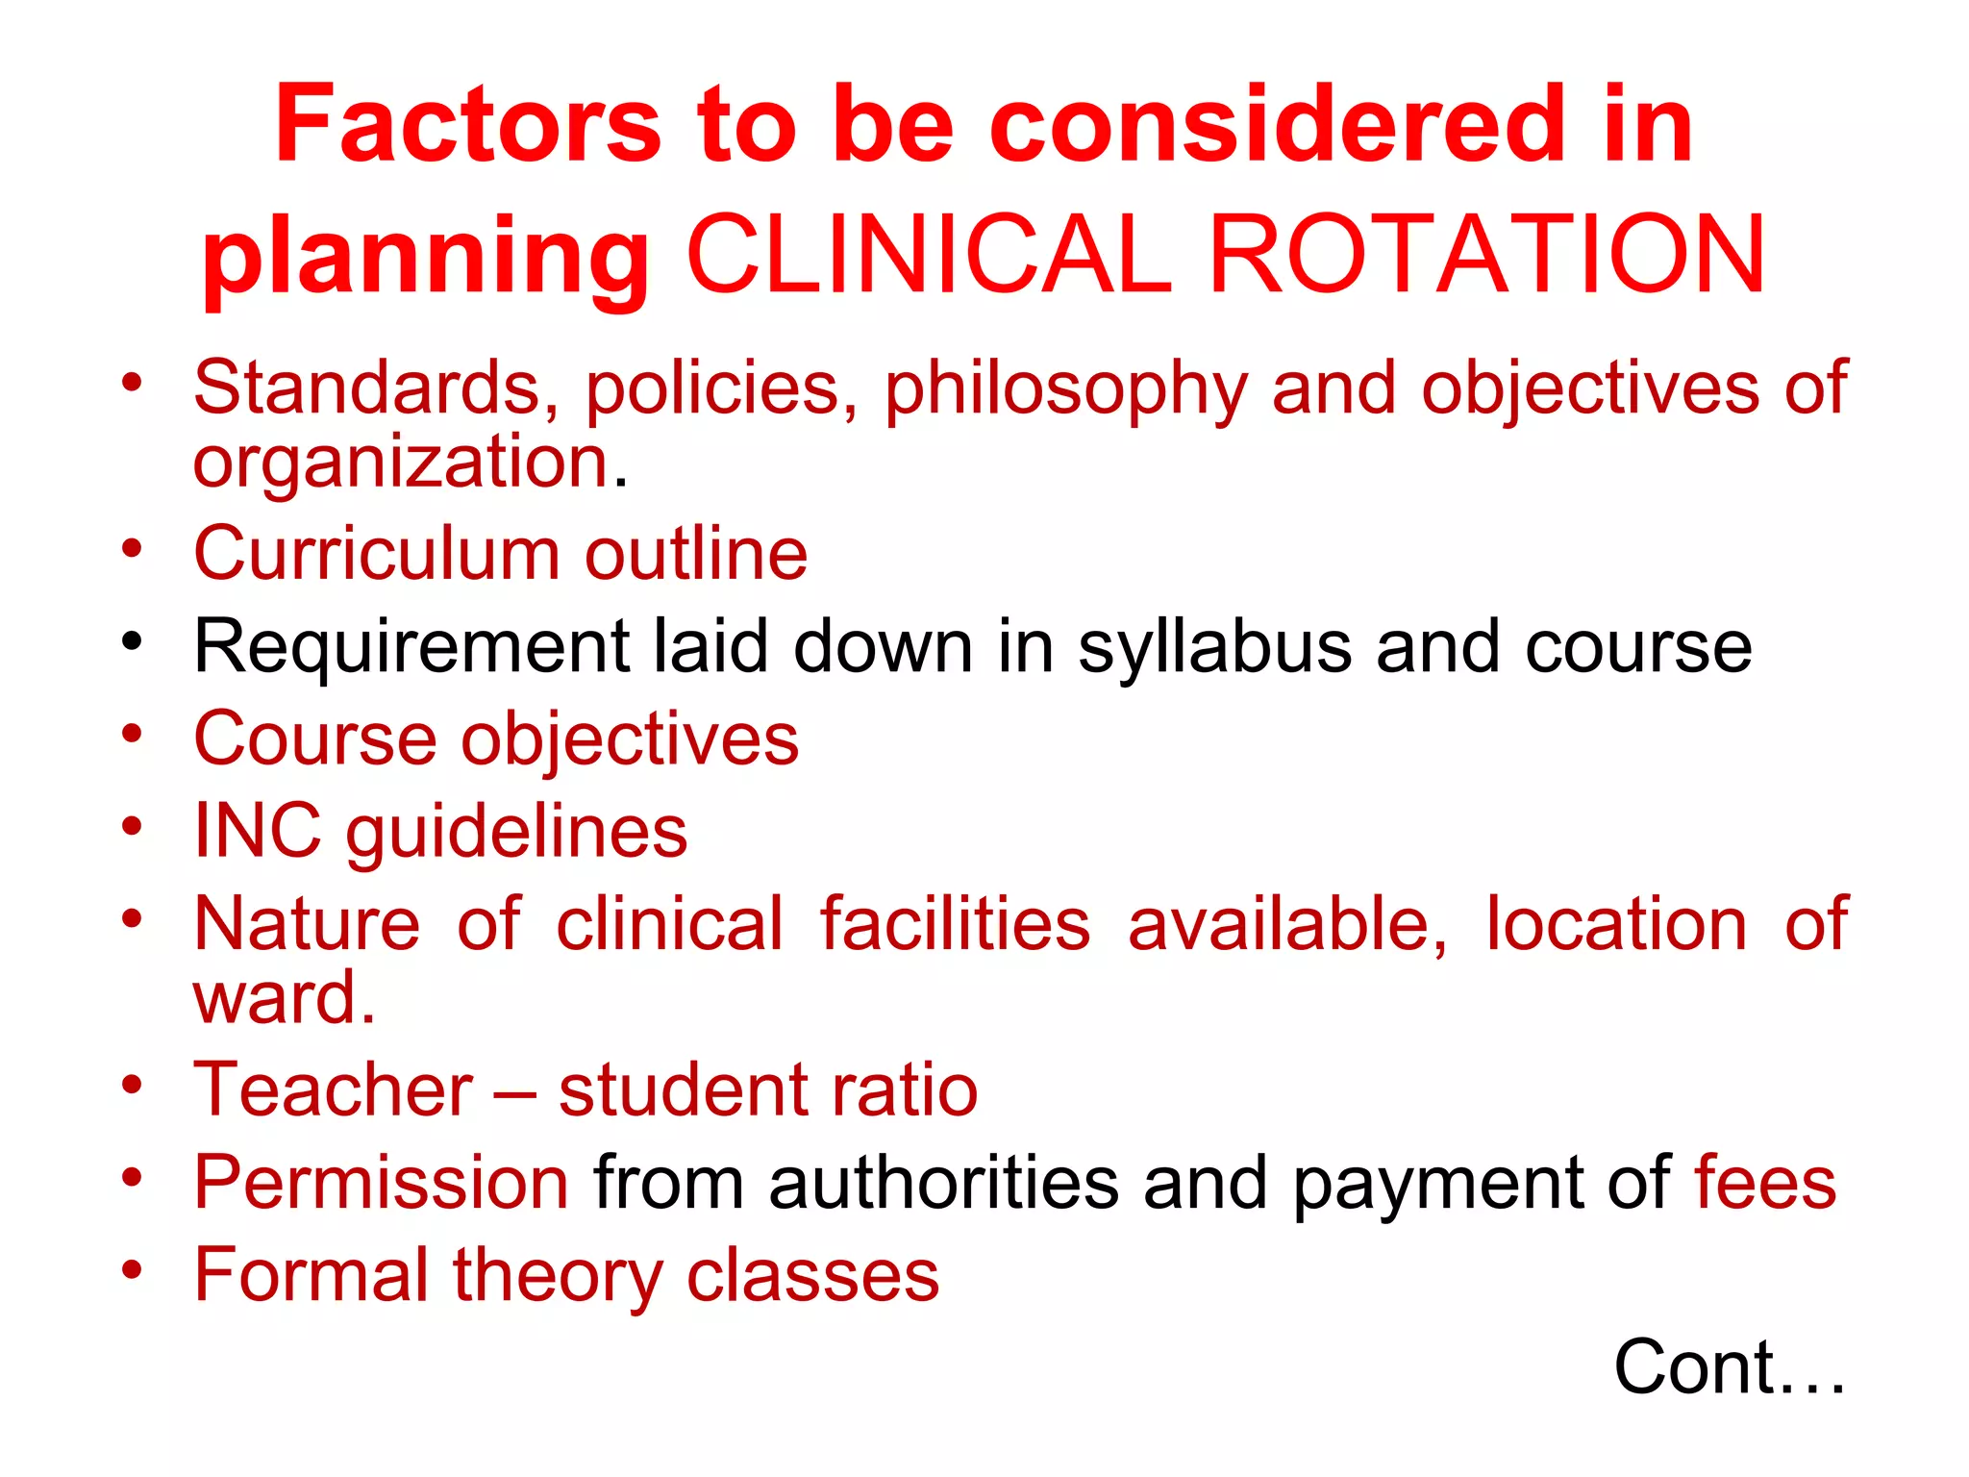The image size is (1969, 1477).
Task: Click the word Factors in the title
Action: click(468, 125)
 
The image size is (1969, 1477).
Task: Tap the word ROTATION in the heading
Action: click(1486, 256)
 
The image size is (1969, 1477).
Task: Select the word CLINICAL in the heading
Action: click(930, 256)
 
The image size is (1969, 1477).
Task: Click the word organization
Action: click(403, 464)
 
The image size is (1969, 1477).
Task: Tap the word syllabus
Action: click(1214, 648)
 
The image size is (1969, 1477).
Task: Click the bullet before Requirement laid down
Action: click(132, 640)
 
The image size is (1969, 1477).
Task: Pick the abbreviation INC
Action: click(258, 831)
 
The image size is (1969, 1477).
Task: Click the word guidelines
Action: click(517, 833)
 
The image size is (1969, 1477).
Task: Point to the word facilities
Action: click(955, 924)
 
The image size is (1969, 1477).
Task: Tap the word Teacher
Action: click(334, 1090)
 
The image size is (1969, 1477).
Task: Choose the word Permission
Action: click(382, 1183)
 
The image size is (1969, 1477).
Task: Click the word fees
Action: click(1765, 1183)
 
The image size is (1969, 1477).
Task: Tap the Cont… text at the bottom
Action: click(1729, 1367)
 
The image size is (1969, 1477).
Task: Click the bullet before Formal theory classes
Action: click(132, 1269)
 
